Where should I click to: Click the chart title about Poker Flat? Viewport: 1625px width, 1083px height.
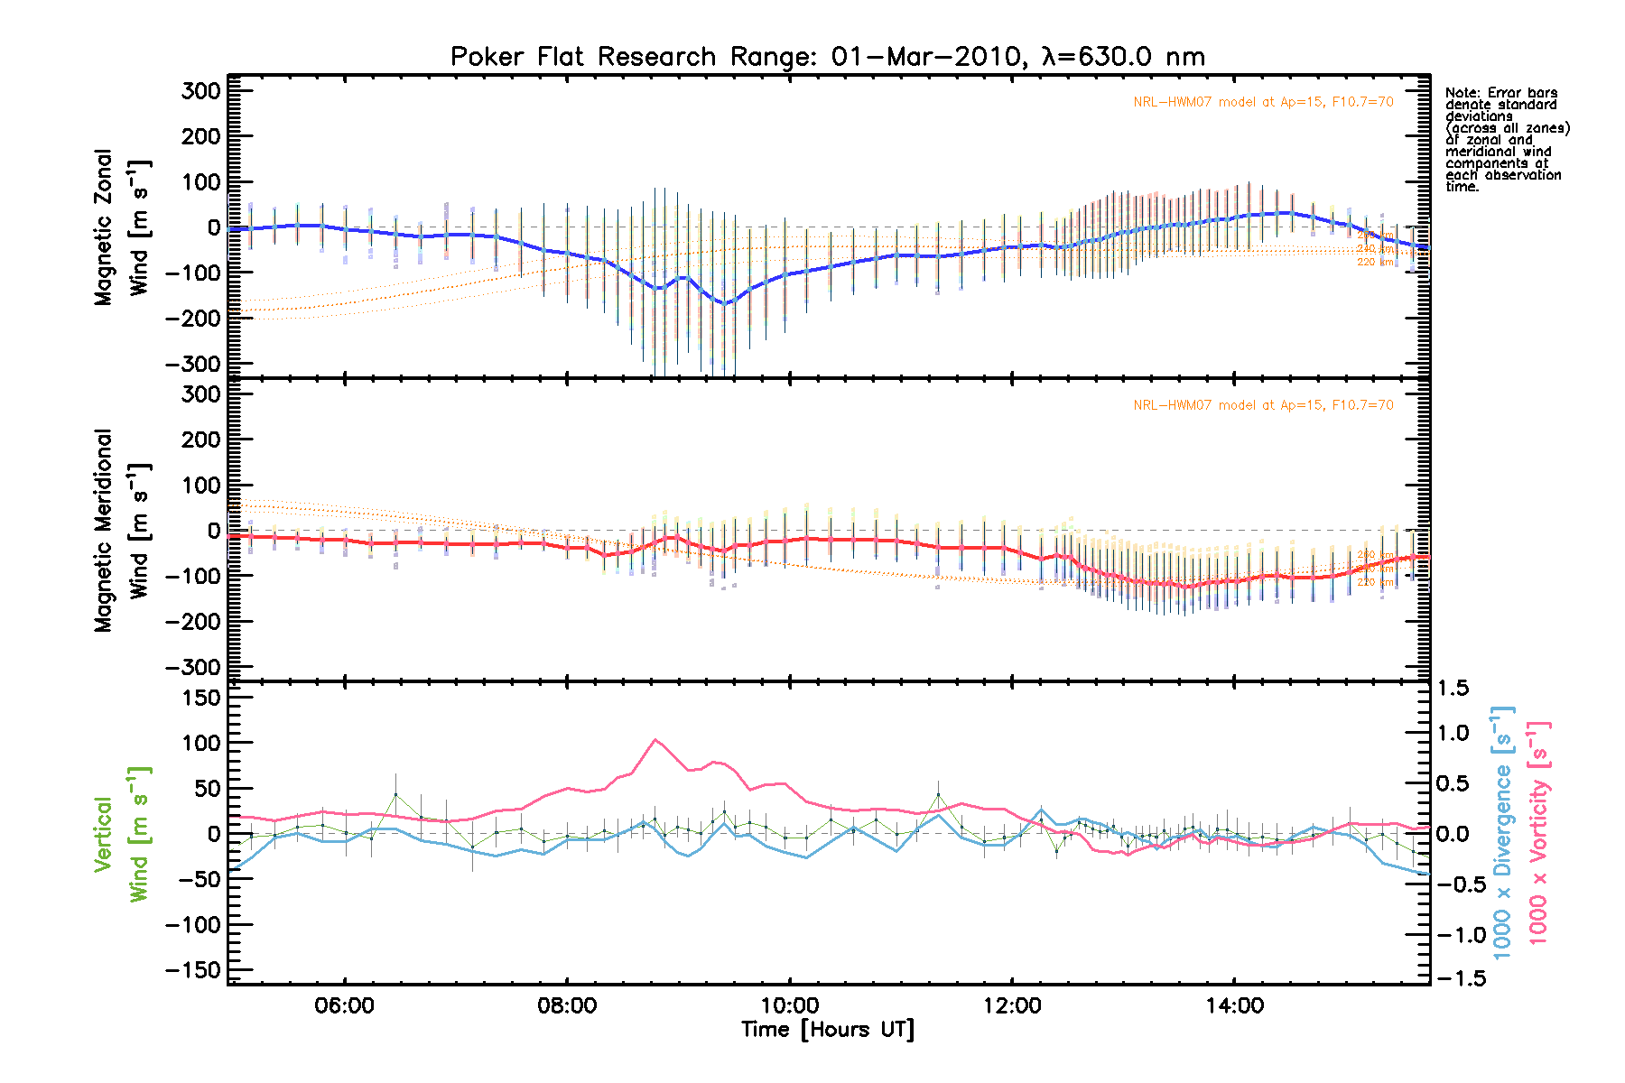pyautogui.click(x=827, y=57)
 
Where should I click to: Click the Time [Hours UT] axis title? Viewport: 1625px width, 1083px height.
pyautogui.click(x=827, y=1030)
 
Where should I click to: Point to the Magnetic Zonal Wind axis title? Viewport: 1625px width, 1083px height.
pyautogui.click(x=121, y=227)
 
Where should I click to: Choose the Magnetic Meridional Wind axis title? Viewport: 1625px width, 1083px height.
pyautogui.click(x=121, y=530)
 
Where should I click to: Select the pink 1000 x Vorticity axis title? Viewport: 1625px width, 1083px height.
pyautogui.click(x=1538, y=832)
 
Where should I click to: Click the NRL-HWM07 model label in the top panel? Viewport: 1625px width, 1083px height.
pyautogui.click(x=1263, y=102)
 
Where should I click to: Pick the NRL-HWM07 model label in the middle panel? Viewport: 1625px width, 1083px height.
pyautogui.click(x=1263, y=405)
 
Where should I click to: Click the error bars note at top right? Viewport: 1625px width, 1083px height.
pyautogui.click(x=1506, y=139)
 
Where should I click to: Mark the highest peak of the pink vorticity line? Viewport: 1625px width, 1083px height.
pyautogui.click(x=655, y=739)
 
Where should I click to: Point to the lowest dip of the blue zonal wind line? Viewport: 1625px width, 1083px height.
pyautogui.click(x=724, y=303)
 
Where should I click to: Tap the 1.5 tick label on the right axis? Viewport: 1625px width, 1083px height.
pyautogui.click(x=1453, y=689)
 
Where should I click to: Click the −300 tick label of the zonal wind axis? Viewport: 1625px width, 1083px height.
pyautogui.click(x=193, y=364)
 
